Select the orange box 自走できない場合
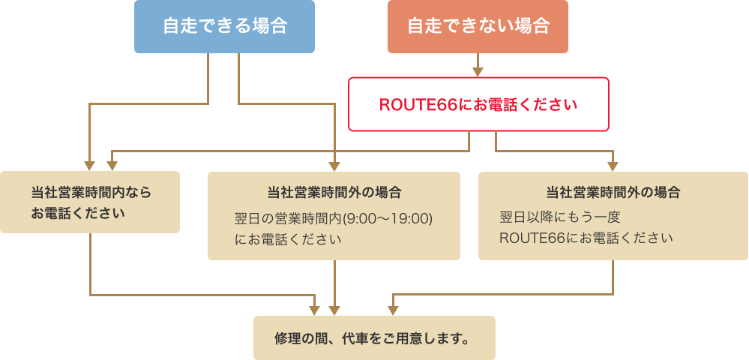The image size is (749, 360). coord(478,26)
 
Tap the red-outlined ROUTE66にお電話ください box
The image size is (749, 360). coord(478,104)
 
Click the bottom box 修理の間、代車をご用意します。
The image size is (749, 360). coord(374,337)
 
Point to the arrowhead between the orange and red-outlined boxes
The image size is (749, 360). coord(478,72)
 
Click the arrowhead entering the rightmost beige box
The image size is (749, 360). coord(613,166)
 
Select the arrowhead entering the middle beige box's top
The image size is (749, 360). coord(334,166)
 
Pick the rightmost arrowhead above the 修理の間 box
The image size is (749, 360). coord(391,310)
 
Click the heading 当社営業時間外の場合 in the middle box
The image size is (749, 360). coord(334,192)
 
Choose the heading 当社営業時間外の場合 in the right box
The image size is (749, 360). coord(613,192)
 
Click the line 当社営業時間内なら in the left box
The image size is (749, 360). coord(91,192)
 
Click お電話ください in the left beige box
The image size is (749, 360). coord(78,212)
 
